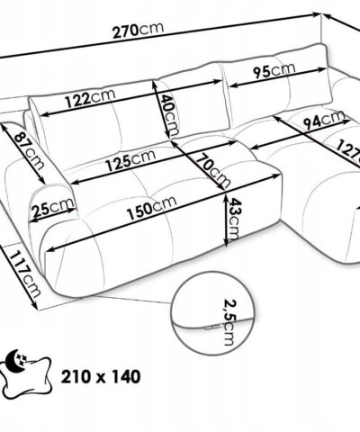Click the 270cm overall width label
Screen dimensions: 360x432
(x=139, y=30)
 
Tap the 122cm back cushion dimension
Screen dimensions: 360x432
(x=90, y=98)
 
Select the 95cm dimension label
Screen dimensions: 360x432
(x=274, y=70)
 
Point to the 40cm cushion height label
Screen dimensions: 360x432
(x=169, y=115)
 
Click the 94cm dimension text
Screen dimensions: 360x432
(x=324, y=119)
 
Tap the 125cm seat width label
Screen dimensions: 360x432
(x=130, y=160)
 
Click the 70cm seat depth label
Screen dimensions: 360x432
(x=212, y=170)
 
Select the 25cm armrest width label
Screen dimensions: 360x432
(x=53, y=207)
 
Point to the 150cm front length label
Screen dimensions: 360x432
(x=151, y=208)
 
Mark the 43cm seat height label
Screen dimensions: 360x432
(x=234, y=219)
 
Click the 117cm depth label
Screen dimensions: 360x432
(x=24, y=274)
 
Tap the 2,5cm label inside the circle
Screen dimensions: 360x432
(x=229, y=322)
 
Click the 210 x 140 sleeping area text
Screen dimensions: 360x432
(x=101, y=376)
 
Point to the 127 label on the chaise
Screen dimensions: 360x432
(x=348, y=150)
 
